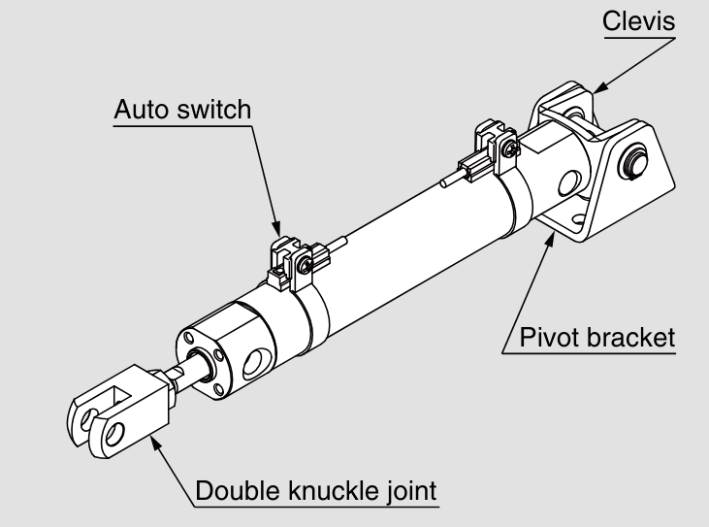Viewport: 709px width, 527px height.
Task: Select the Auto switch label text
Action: (x=182, y=110)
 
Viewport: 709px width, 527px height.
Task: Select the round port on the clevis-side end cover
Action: (x=569, y=181)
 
